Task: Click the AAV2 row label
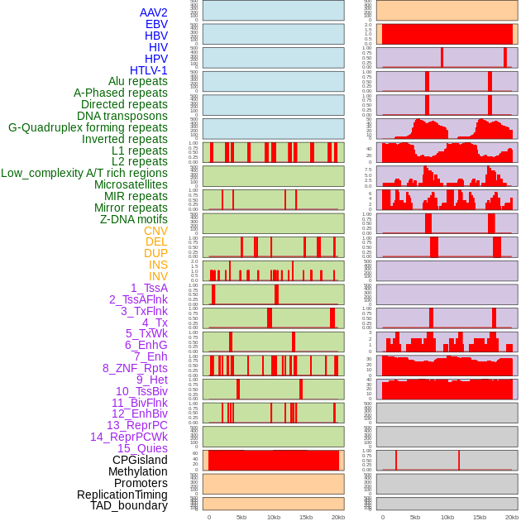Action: (x=154, y=12)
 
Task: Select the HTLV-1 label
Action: (x=149, y=70)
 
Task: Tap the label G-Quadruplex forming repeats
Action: (x=88, y=127)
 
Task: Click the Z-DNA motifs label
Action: (x=134, y=219)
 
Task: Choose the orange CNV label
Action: (x=155, y=231)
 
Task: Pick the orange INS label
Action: (x=158, y=265)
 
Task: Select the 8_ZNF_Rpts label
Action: (x=135, y=368)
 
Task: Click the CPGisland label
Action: (x=140, y=460)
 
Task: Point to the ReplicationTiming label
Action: (x=122, y=495)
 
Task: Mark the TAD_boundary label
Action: (x=129, y=505)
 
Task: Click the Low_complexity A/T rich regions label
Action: (x=84, y=173)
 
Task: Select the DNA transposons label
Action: (x=122, y=116)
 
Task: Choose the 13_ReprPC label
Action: (x=136, y=425)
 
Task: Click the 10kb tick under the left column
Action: (x=273, y=517)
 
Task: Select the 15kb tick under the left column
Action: (x=305, y=517)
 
